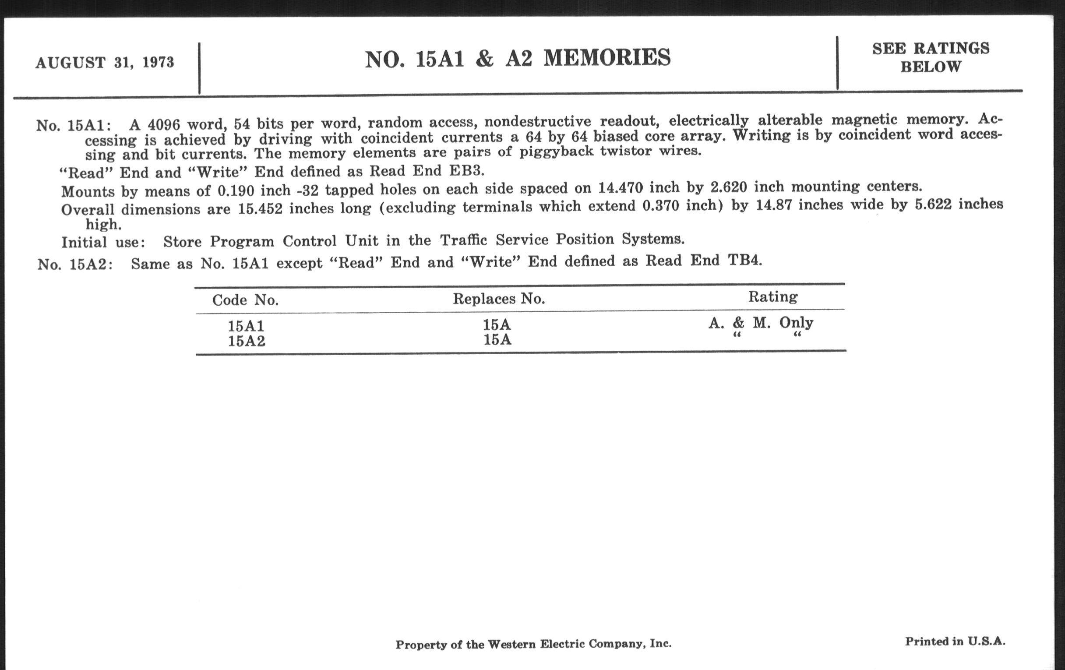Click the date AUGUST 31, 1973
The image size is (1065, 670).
point(105,63)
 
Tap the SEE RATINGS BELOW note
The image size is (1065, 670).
point(931,57)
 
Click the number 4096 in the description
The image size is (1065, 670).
point(164,125)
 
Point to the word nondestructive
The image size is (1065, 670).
point(537,121)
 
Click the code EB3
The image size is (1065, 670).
point(467,171)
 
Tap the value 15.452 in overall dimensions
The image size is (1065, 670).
point(260,208)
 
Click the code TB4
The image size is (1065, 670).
point(744,260)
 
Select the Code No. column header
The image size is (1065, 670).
point(246,300)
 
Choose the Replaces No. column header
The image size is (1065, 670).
point(498,299)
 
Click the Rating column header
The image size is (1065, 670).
point(772,296)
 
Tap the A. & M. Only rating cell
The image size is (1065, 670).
point(760,323)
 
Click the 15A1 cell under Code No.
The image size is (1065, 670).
point(246,326)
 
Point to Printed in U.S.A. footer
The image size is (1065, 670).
point(955,641)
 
